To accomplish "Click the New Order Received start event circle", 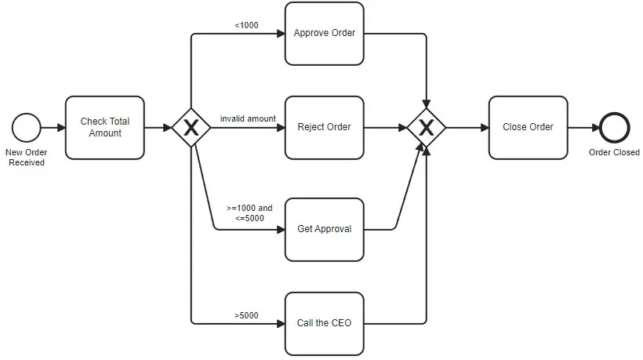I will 27,127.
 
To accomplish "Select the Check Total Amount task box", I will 104,127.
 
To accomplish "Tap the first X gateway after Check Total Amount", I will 191,127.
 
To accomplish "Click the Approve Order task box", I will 324,33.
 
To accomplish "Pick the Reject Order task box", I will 324,127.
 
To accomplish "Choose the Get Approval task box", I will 324,229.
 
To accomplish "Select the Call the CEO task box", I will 324,322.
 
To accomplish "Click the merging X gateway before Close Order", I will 426,127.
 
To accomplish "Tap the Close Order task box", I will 528,127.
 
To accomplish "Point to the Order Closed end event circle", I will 614,127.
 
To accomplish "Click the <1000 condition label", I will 246,25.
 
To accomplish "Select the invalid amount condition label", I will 248,118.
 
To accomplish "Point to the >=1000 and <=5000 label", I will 250,213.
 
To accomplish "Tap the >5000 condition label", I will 246,315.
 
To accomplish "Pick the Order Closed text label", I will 614,152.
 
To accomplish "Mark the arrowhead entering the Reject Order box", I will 280,127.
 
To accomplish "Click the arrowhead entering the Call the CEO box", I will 280,322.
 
